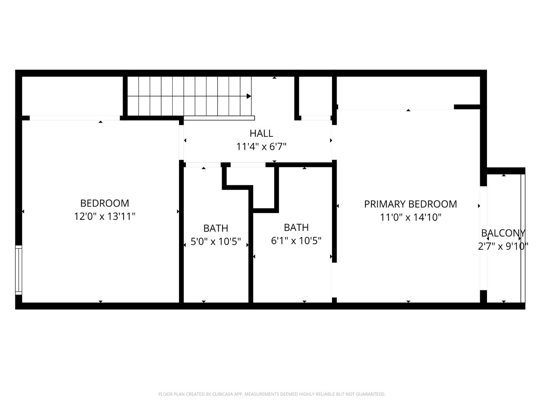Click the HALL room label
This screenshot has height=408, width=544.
[261, 133]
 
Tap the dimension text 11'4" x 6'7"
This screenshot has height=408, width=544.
[261, 147]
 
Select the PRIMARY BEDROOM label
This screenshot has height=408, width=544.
[410, 204]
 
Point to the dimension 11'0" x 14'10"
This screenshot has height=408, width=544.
[410, 217]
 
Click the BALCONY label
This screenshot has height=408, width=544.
[503, 233]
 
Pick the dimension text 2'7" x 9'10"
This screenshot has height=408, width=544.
[503, 246]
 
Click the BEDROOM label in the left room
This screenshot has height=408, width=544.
[105, 203]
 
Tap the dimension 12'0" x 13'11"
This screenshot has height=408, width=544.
[105, 216]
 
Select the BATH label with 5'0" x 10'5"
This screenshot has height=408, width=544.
[216, 228]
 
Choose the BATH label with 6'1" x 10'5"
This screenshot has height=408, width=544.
[296, 227]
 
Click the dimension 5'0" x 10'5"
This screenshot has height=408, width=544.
[216, 241]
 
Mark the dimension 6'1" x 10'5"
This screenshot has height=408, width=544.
[296, 241]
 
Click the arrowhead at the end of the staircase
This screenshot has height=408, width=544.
[249, 96]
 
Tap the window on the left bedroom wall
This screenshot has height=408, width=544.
[19, 270]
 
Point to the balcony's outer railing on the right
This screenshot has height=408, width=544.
[523, 238]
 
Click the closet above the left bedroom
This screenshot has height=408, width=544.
[72, 96]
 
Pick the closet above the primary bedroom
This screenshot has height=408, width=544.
[408, 93]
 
